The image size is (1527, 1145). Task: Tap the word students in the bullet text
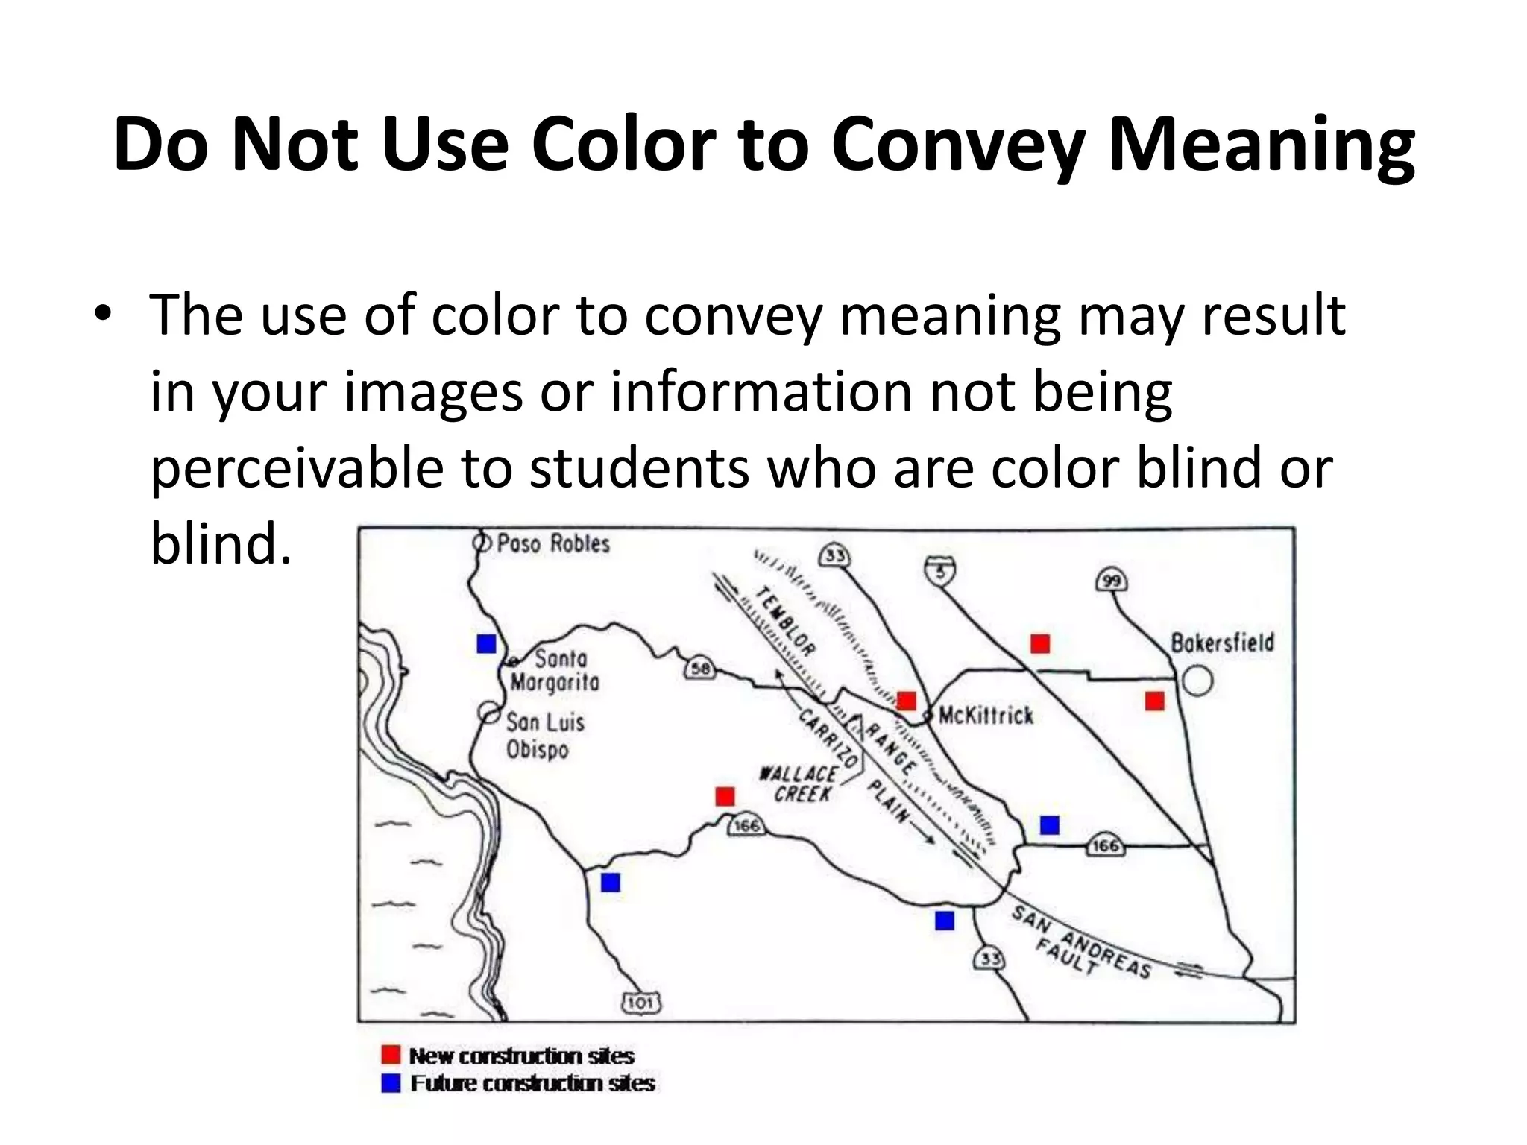tap(638, 468)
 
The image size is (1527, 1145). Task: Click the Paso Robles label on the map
tap(552, 543)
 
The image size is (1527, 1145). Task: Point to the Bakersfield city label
tap(1222, 643)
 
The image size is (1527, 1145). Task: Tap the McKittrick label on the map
tap(986, 716)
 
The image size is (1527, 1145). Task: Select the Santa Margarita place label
tap(555, 670)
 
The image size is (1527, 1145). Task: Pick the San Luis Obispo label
tap(545, 736)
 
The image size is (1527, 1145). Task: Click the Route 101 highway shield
tap(641, 1003)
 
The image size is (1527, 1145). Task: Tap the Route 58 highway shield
tap(700, 669)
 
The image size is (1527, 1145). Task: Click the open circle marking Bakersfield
tap(1197, 681)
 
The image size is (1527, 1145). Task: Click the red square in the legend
tap(391, 1055)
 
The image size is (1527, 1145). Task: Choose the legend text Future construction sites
tap(532, 1083)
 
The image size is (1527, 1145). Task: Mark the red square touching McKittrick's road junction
tap(907, 701)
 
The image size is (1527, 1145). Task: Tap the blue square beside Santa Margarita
tap(487, 643)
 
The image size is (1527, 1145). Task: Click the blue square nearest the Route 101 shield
tap(611, 883)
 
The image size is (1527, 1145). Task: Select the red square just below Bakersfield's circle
tap(1154, 701)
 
